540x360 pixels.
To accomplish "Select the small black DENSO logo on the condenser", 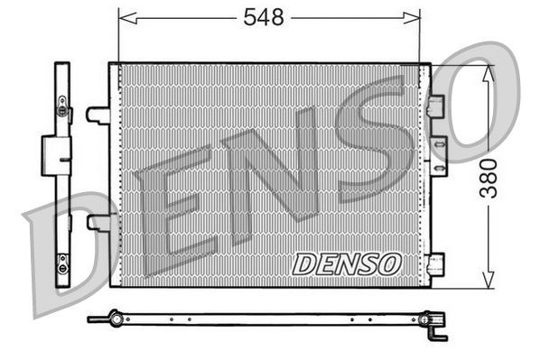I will pyautogui.click(x=346, y=263).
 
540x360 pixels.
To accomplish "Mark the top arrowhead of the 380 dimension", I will pyautogui.click(x=489, y=72).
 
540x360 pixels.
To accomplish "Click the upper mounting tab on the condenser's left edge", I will pyautogui.click(x=98, y=115).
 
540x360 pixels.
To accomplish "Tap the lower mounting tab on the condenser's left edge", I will pyautogui.click(x=98, y=222).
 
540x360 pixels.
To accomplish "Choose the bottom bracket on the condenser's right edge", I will pyautogui.click(x=438, y=263).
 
